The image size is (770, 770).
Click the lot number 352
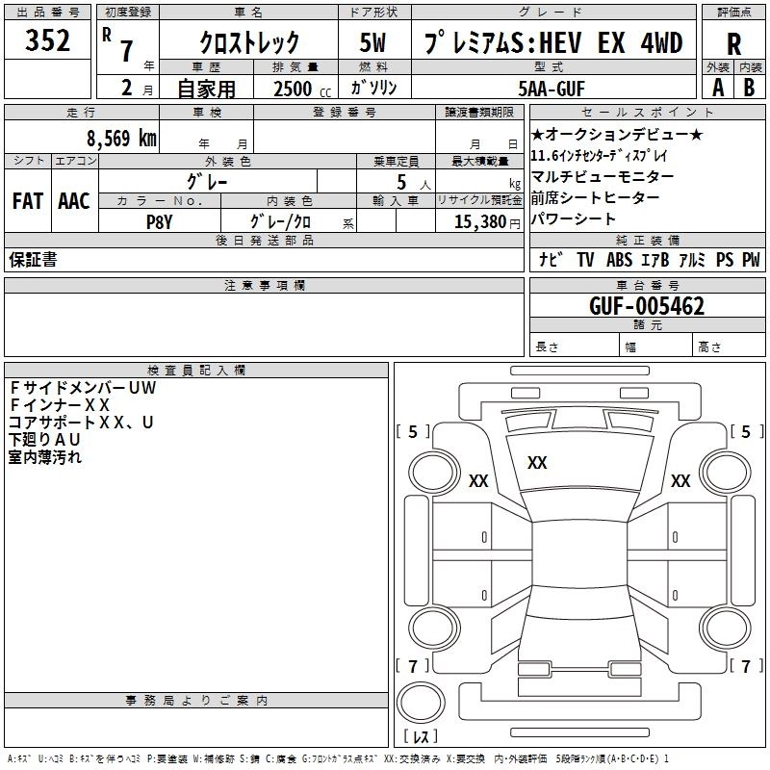point(48,40)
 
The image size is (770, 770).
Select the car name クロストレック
point(249,42)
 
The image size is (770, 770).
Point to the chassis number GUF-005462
point(647,307)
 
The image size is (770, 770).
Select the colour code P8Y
point(160,221)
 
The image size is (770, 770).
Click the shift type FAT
point(27,201)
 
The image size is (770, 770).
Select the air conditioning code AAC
point(73,201)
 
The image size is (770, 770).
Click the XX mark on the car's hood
point(537,463)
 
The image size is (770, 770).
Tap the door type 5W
point(372,42)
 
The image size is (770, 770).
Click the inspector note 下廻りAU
point(44,440)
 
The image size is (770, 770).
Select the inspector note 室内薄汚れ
point(45,457)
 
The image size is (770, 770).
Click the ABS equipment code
point(620,260)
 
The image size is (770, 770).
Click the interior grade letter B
point(749,88)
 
